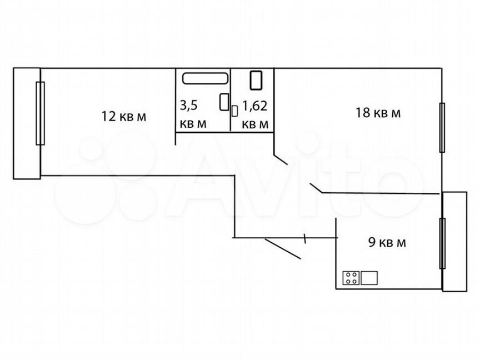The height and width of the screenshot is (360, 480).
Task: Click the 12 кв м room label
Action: point(123,116)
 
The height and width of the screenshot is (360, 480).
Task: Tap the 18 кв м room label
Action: point(378,113)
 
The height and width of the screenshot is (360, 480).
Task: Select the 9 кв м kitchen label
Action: point(387,242)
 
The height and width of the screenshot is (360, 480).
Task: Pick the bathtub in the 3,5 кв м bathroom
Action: point(205,79)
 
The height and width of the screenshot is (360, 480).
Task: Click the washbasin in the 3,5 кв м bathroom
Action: point(224,102)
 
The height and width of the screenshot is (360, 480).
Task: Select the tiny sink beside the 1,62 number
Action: point(234,111)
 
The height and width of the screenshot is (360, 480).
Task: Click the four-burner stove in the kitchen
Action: point(351,277)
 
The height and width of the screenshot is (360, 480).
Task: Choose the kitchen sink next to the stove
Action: point(369,277)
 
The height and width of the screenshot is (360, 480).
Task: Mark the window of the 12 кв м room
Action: point(40,113)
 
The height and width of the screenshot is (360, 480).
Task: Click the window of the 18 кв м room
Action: point(442,127)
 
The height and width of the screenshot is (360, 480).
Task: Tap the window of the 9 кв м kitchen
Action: point(442,243)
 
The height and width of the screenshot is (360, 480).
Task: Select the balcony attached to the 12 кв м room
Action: point(27,123)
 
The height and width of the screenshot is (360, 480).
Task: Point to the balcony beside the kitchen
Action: point(454,241)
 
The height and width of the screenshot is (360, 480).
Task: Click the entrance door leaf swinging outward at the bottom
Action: point(283,248)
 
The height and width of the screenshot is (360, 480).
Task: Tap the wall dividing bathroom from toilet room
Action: point(231,100)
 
